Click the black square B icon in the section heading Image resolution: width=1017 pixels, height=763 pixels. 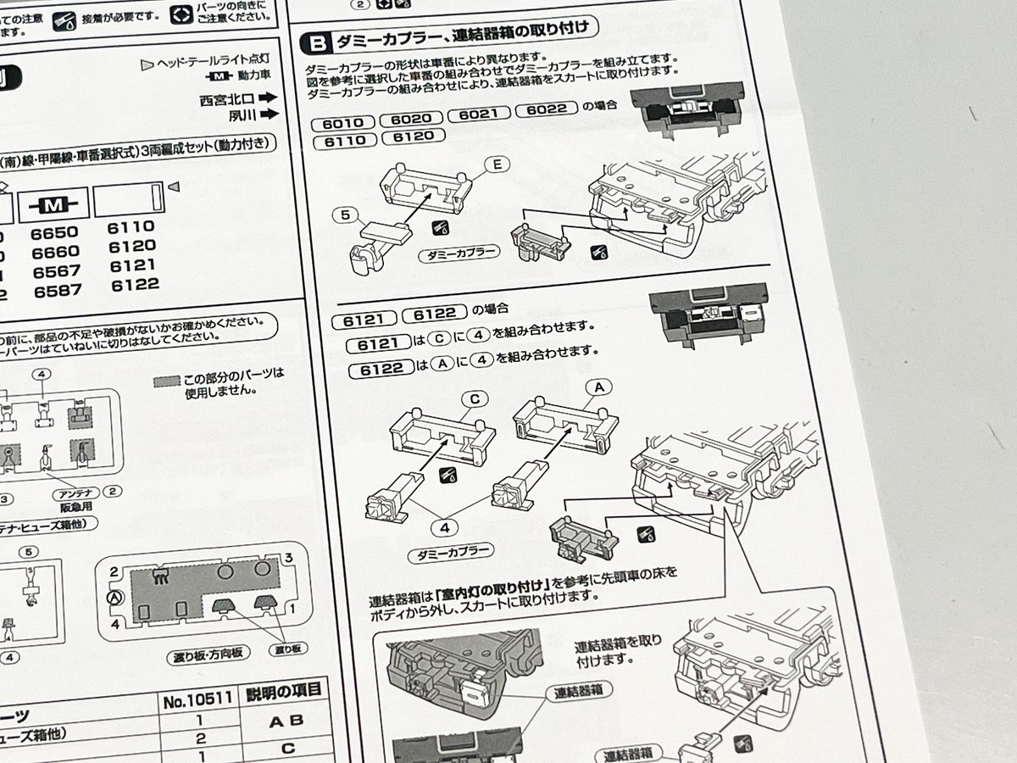coord(316,42)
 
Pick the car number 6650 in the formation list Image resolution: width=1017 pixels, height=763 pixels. coord(54,233)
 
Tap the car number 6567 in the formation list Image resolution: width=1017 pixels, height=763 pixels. coord(55,271)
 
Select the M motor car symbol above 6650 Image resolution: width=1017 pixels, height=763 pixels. coord(53,204)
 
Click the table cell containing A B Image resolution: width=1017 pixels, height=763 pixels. coord(283,721)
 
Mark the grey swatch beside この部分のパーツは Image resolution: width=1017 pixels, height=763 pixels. coord(168,381)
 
